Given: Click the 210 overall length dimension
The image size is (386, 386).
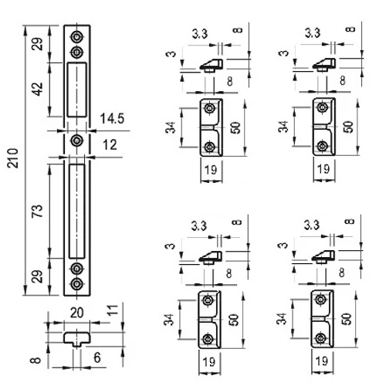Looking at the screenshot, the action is coord(12,158).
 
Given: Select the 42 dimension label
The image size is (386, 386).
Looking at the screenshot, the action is coord(38,89).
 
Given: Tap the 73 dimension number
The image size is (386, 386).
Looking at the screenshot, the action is coord(37,212).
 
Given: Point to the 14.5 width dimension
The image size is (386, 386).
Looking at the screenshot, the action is coord(112,119).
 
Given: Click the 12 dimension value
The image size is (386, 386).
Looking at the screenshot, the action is coord(110,145).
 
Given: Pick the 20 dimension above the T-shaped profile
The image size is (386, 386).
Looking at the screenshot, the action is coord(77,313).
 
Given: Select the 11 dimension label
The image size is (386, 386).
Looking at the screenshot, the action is coord(113,310).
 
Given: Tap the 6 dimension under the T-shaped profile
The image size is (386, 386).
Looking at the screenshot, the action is coord(97,357).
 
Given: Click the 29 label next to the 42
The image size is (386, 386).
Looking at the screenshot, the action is coord(38,44).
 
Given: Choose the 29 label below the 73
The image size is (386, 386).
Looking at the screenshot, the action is coord(37,276).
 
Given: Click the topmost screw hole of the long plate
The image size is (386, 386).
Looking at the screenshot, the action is coord(76,37).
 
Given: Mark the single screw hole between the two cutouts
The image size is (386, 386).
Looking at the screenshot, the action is coord(76,141).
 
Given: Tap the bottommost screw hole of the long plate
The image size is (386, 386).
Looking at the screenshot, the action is coord(76,284).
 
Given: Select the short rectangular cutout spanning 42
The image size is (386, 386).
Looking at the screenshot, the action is coord(76,90).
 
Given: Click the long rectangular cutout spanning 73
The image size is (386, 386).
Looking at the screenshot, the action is coord(76,211).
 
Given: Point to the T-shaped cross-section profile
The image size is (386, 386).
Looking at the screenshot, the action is coord(77,339).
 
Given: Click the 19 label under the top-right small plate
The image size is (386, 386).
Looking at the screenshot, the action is coord(323,169).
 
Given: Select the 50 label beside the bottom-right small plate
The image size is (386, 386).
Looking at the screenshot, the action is coord(347,319).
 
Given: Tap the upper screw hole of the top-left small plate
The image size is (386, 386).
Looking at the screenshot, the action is coord(210,108).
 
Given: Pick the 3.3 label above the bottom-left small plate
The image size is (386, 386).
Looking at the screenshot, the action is coord(199,225).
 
